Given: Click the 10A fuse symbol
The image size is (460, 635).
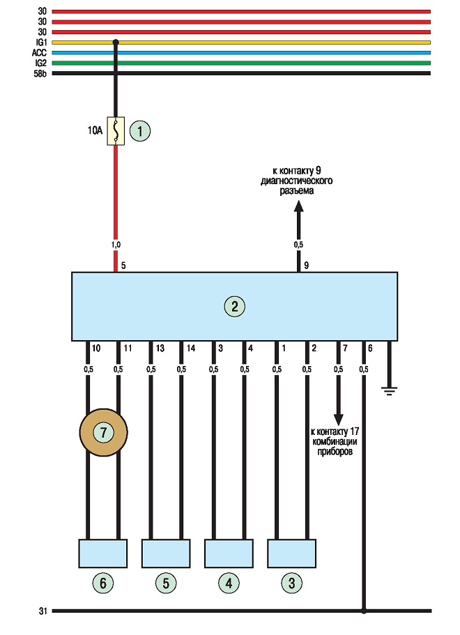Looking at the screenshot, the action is [116, 131].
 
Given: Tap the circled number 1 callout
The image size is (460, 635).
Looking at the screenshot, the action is [140, 131].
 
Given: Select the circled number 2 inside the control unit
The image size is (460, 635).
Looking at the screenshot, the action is [234, 307].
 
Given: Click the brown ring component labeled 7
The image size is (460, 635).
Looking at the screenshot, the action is [103, 433].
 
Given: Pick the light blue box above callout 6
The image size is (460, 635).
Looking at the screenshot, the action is [103, 553].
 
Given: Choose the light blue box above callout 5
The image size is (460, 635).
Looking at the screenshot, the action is [166, 553].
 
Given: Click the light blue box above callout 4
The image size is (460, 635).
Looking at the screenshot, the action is [229, 553].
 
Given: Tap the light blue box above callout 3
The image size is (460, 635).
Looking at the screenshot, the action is [291, 553].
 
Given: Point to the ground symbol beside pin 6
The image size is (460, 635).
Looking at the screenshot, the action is [389, 391].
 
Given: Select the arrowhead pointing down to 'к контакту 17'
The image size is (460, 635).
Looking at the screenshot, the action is [339, 420].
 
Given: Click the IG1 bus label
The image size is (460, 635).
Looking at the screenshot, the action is [41, 43].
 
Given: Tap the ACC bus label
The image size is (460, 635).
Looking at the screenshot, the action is [39, 53].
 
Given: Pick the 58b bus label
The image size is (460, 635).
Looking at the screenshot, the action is [40, 74].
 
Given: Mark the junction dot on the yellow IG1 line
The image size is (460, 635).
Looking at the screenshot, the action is [116, 42].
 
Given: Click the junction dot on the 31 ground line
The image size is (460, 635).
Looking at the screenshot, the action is [364, 611].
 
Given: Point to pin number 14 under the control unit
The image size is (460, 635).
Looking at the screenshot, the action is [191, 349].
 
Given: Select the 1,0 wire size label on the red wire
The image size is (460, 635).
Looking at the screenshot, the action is [116, 245].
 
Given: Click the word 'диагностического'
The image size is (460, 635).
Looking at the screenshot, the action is [296, 181].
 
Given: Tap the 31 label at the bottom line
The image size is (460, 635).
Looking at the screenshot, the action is [43, 611].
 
